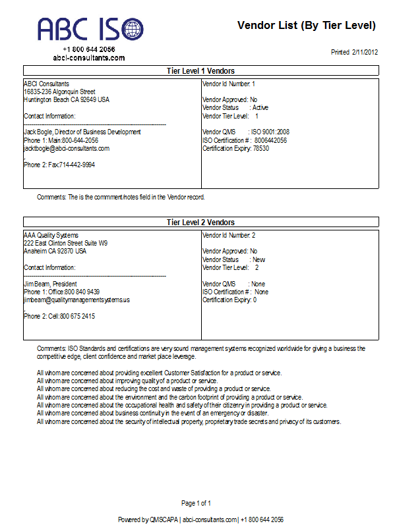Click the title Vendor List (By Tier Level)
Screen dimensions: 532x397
[307, 26]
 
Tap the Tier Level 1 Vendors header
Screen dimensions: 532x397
[201, 71]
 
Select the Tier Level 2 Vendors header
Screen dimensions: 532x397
[201, 223]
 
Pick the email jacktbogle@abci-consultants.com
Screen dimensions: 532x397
[67, 148]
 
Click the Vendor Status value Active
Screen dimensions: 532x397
[260, 107]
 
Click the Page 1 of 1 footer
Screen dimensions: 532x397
[196, 504]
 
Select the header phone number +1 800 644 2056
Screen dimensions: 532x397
[89, 49]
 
